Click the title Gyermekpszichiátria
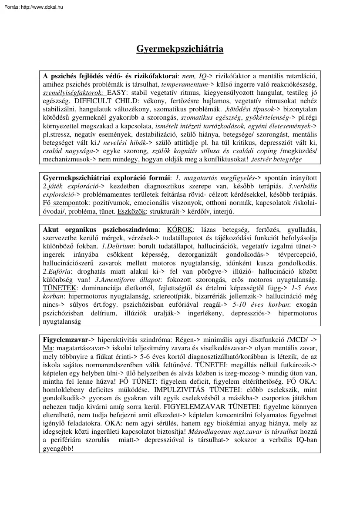tap(180, 49)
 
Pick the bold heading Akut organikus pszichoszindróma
tap(101, 229)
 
